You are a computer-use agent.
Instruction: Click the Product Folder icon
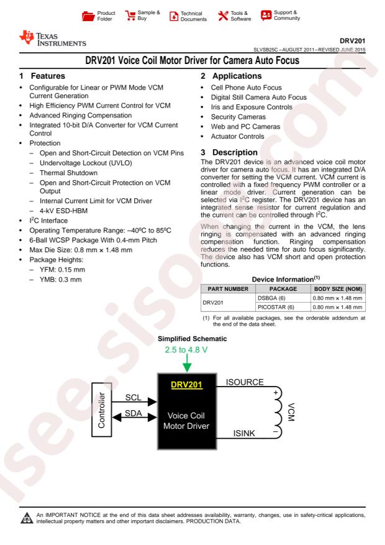[88, 16]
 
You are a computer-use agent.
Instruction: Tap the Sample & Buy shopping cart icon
[130, 16]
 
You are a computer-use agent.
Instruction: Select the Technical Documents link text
[193, 16]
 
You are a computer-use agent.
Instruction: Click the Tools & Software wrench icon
[223, 16]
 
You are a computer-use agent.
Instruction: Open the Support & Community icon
[266, 16]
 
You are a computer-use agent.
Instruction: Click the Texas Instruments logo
[53, 39]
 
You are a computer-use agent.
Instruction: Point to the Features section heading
[42, 76]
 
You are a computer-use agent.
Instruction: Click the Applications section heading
[231, 76]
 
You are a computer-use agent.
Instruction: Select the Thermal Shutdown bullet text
[68, 173]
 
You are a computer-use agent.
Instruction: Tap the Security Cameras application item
[238, 117]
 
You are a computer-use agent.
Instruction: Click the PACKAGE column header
[283, 289]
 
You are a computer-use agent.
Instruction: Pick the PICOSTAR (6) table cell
[276, 307]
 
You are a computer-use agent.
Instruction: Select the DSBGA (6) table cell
[271, 298]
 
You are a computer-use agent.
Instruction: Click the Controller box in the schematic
[101, 410]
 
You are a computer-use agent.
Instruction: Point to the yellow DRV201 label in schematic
[186, 385]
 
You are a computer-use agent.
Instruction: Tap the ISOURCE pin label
[245, 382]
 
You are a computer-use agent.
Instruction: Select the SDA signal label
[134, 413]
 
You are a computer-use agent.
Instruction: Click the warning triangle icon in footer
[27, 518]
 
